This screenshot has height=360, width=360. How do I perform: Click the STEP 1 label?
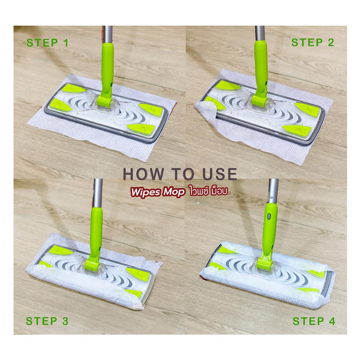pyautogui.click(x=47, y=43)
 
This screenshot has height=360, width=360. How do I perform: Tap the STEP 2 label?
pyautogui.click(x=312, y=42)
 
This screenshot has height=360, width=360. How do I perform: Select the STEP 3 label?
pyautogui.click(x=47, y=321)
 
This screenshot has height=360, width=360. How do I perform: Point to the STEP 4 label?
pyautogui.click(x=314, y=321)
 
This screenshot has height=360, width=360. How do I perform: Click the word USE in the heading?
pyautogui.click(x=220, y=174)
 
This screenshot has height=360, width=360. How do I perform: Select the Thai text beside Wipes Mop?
pyautogui.click(x=209, y=191)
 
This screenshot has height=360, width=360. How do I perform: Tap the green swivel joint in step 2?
pyautogui.click(x=260, y=100)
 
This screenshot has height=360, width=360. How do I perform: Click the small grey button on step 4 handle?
pyautogui.click(x=269, y=216)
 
